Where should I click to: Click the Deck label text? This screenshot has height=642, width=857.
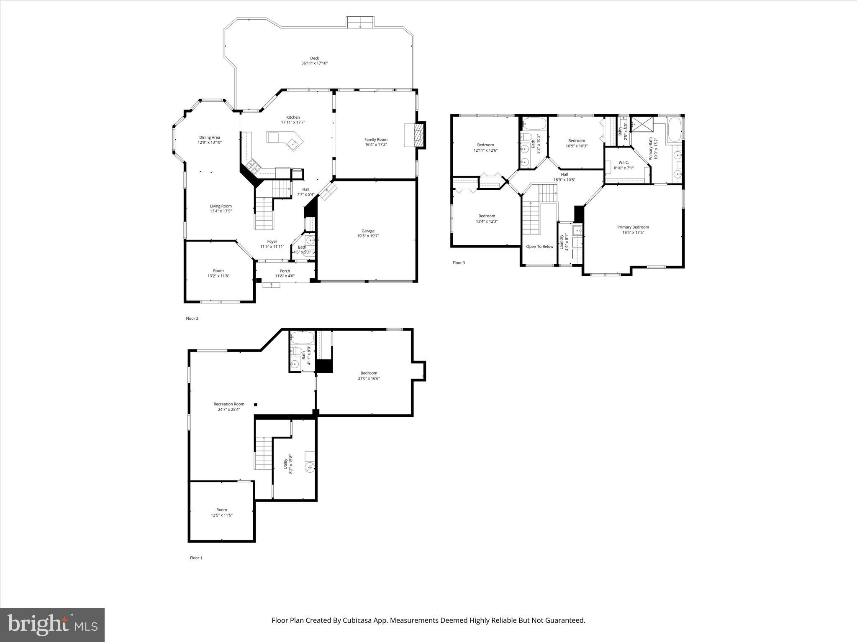coord(314,59)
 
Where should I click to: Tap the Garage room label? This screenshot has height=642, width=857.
coord(368,231)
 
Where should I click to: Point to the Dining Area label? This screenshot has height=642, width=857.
coord(209,138)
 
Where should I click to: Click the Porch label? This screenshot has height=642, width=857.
coord(285,271)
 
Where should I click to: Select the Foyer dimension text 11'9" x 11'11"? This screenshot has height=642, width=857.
coord(272,247)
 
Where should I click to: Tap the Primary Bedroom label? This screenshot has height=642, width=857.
coord(633,227)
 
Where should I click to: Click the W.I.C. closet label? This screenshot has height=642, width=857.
coord(624,163)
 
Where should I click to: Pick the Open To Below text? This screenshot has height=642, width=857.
coord(539,247)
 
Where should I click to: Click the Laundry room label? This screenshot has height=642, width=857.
coord(562,242)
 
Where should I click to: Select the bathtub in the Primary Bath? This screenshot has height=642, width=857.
coord(674,130)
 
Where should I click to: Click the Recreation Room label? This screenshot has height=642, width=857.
coord(228,404)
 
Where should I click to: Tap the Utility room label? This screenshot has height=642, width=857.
coord(286,464)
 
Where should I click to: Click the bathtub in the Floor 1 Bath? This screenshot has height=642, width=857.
coord(301,337)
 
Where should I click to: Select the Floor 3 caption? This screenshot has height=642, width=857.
coord(458,263)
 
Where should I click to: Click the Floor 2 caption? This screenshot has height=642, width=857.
coord(192,318)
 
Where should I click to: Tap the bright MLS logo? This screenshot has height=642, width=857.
coord(52,625)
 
